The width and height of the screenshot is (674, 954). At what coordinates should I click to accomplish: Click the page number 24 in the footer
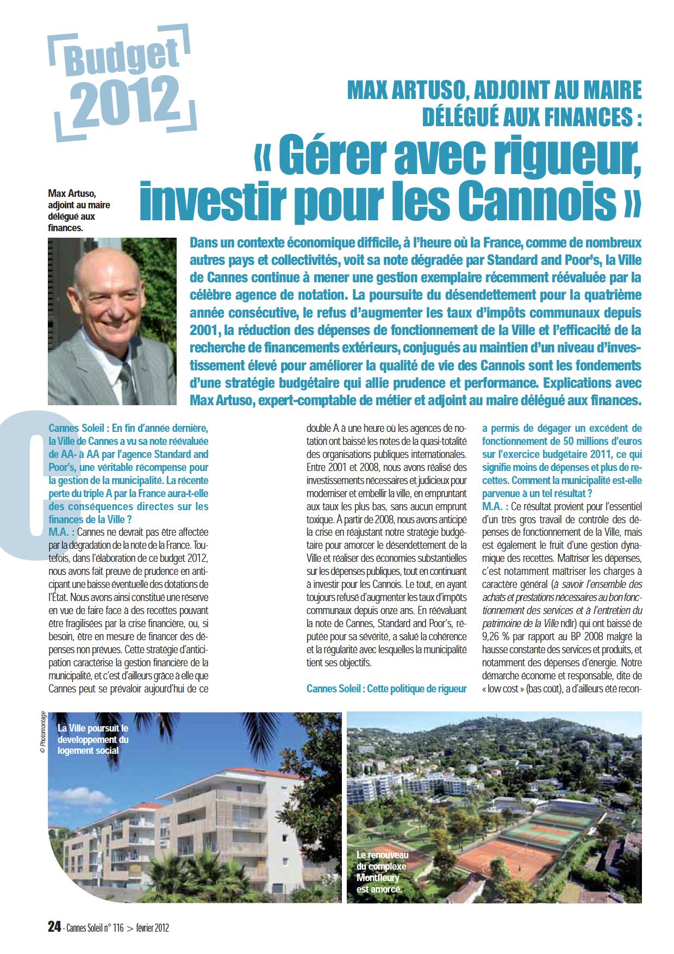click(x=54, y=927)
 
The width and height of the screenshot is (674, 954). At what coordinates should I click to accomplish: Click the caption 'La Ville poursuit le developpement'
click(x=93, y=739)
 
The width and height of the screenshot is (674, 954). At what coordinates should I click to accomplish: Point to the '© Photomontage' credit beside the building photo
click(x=42, y=733)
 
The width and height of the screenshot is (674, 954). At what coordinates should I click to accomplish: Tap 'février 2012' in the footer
click(x=152, y=928)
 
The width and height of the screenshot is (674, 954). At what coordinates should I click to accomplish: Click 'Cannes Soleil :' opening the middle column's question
click(x=334, y=689)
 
